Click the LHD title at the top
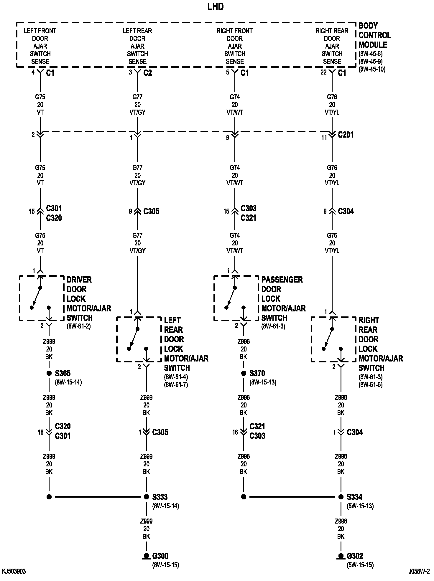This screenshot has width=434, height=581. click(216, 7)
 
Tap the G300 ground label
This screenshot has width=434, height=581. click(160, 556)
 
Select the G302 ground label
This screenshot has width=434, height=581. click(355, 556)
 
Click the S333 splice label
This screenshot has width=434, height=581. click(160, 497)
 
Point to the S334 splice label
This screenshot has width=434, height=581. click(355, 497)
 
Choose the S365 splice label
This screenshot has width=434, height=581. click(63, 373)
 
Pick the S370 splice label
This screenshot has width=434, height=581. click(257, 373)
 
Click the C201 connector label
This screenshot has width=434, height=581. click(346, 135)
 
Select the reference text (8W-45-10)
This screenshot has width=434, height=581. click(372, 70)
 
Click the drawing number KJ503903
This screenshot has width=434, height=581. click(14, 572)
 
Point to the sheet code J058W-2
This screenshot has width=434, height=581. click(419, 572)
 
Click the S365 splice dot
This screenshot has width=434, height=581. click(49, 373)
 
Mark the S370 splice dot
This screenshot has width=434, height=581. click(244, 373)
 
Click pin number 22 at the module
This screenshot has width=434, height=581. click(323, 72)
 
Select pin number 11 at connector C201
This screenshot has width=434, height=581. click(324, 138)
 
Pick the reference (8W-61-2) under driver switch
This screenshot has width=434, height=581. click(79, 326)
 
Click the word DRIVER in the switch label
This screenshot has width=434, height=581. click(79, 280)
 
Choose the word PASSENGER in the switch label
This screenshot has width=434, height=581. click(282, 280)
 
